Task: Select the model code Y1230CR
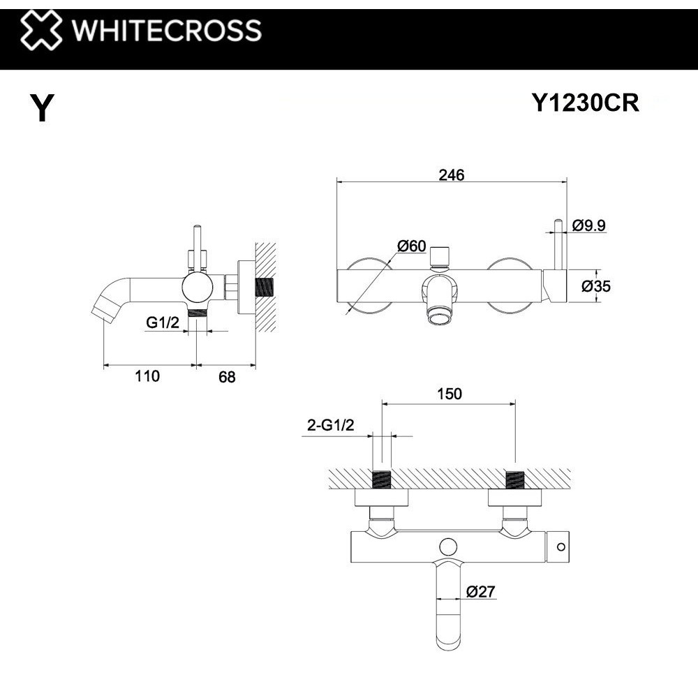585,103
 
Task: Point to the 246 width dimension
451,175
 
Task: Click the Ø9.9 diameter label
588,225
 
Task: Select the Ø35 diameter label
596,285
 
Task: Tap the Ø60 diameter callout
411,246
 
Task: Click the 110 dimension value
148,376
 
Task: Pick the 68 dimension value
227,377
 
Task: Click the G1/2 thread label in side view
162,322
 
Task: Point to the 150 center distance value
450,394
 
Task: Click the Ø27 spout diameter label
482,592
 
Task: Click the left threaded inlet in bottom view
382,480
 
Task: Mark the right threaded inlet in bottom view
514,480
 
